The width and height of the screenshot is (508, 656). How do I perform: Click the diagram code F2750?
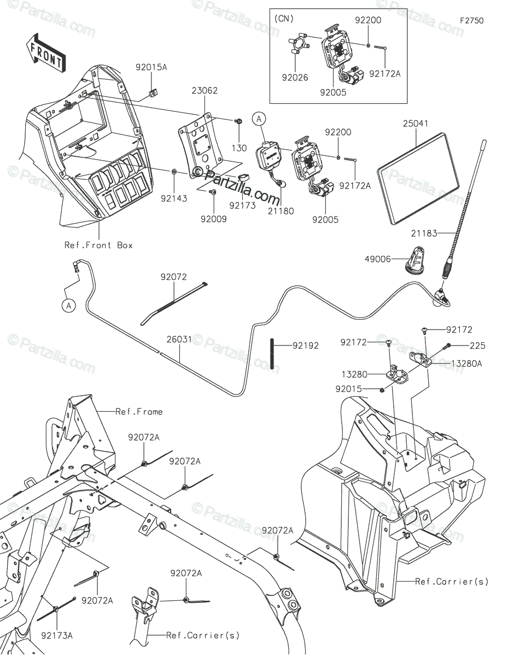(x=471, y=21)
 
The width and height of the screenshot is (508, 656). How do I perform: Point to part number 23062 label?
(x=205, y=91)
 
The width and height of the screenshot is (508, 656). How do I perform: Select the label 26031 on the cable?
(x=179, y=339)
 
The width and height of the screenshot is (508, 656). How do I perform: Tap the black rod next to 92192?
(x=271, y=354)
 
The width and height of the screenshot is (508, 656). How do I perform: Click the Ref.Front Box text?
(x=98, y=245)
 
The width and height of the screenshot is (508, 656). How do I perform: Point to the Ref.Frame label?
(x=139, y=412)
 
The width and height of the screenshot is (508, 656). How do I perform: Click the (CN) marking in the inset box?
(x=283, y=18)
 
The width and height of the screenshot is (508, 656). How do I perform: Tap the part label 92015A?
(x=151, y=67)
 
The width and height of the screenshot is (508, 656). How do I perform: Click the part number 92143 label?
(x=173, y=198)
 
